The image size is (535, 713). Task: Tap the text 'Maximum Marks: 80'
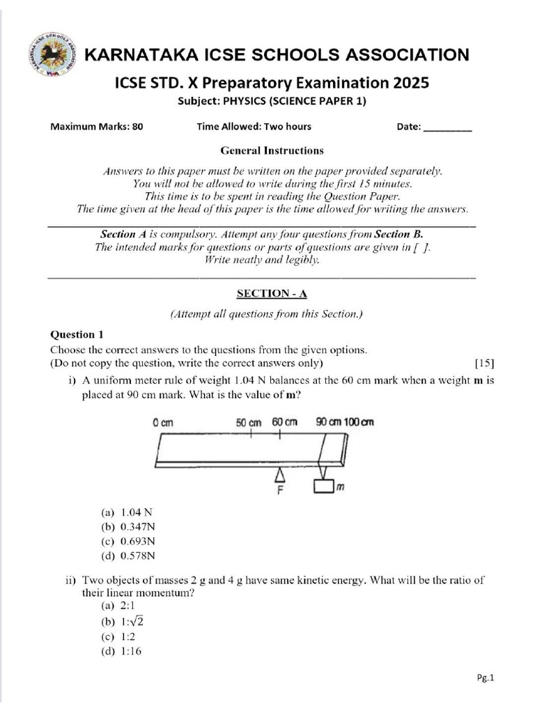pyautogui.click(x=97, y=127)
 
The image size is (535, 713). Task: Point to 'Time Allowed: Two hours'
pyautogui.click(x=254, y=127)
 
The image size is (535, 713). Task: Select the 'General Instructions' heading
pyautogui.click(x=272, y=150)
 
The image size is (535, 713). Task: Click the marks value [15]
pyautogui.click(x=484, y=363)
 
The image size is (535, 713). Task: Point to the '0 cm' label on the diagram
pyautogui.click(x=162, y=422)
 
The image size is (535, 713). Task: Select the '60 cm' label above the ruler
pyautogui.click(x=286, y=422)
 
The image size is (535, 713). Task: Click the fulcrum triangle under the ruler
pyautogui.click(x=280, y=474)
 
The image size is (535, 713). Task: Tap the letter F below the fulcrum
pyautogui.click(x=280, y=490)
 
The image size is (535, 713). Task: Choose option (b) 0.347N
pyautogui.click(x=128, y=526)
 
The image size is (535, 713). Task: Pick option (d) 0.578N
pyautogui.click(x=128, y=556)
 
